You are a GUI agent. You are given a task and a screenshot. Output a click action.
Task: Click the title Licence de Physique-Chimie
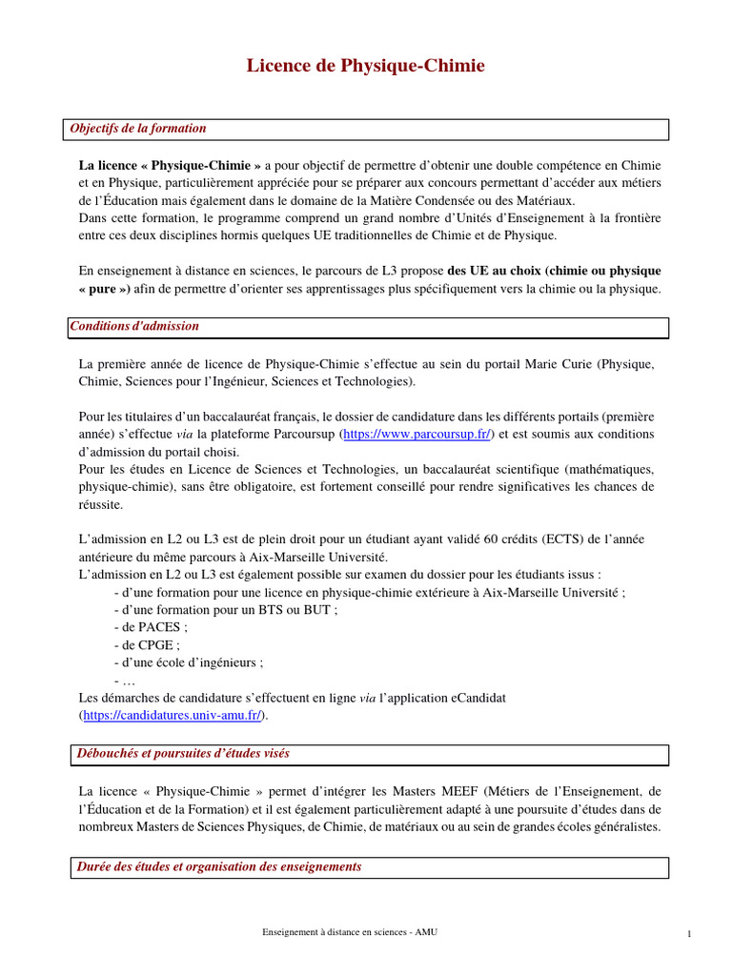[366, 66]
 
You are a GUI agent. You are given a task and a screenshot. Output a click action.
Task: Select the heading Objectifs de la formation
[139, 129]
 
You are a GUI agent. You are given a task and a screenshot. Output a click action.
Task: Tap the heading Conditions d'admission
[135, 326]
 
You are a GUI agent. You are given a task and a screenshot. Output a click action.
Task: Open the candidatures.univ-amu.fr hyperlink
[172, 715]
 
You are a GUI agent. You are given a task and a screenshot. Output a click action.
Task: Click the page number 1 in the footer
[688, 934]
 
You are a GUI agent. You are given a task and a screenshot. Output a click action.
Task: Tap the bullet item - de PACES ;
[150, 627]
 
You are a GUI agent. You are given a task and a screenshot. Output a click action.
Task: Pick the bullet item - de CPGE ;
[146, 645]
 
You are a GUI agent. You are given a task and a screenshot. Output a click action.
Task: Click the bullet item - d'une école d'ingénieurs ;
[188, 662]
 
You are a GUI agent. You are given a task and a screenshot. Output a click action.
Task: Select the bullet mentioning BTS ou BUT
[225, 610]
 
